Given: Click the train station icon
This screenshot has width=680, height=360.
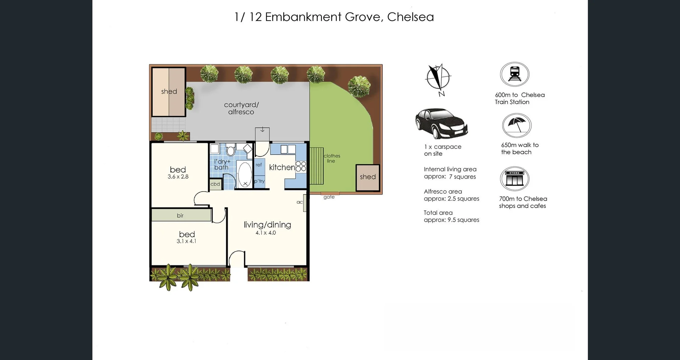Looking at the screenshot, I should click(x=514, y=74).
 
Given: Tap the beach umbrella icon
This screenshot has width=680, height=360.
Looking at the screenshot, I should click(x=516, y=125).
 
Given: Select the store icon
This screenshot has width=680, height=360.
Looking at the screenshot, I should click(x=514, y=179).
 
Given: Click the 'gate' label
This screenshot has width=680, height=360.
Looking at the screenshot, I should click(x=329, y=197).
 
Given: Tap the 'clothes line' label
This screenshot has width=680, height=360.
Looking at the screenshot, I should click(x=331, y=158).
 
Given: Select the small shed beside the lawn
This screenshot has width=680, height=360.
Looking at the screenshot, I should click(x=368, y=178).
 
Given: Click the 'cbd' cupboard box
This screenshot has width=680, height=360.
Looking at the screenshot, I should click(x=215, y=184).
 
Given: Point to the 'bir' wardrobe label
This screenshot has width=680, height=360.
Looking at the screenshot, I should click(x=180, y=215).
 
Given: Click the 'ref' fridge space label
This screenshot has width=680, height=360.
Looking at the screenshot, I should click(x=259, y=165).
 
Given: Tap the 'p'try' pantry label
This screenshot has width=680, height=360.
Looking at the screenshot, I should click(x=259, y=181).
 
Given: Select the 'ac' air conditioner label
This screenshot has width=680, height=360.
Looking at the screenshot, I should click(x=300, y=202).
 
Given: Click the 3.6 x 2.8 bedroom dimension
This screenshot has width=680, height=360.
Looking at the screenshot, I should click(x=178, y=176).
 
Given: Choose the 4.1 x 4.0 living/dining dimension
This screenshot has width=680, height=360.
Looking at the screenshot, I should click(x=266, y=233).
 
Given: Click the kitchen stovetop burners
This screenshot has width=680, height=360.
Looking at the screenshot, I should click(x=301, y=166).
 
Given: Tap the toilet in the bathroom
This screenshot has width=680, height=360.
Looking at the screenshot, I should click(x=231, y=150).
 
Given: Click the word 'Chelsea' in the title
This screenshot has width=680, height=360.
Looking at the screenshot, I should click(x=410, y=17).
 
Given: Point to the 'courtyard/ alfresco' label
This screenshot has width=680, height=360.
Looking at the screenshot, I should click(x=241, y=108).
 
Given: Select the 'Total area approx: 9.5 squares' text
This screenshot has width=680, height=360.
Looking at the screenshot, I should click(x=451, y=216).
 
